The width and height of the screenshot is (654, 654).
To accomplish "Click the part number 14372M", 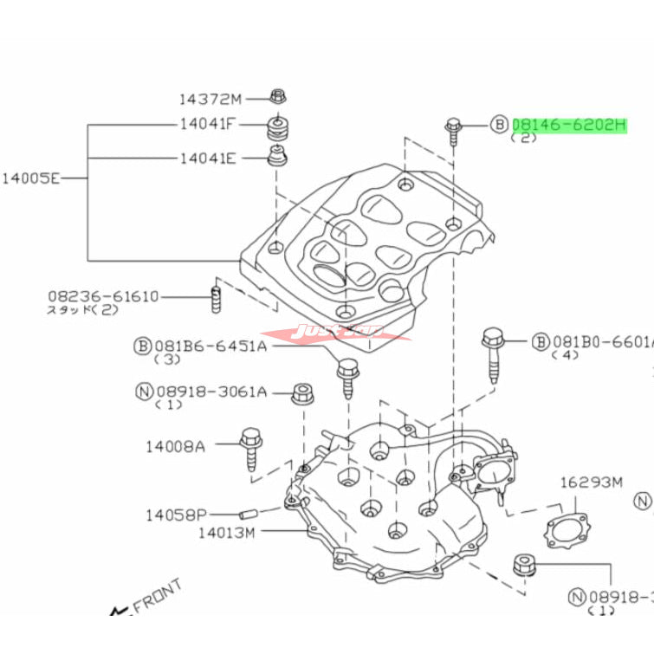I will (211, 99).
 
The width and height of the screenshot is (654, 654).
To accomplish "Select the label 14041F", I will (208, 124).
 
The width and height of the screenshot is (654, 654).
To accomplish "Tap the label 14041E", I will (208, 159).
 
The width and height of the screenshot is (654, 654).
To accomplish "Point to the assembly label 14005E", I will (31, 179).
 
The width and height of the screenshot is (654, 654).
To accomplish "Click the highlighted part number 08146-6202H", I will (568, 125).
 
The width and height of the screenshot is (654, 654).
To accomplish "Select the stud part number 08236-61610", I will (103, 297).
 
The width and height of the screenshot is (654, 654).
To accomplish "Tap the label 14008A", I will (175, 446).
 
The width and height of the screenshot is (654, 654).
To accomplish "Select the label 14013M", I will (225, 533).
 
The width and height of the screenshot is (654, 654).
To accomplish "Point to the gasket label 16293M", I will (591, 482).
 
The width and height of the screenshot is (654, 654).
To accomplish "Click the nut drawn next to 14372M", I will (277, 95).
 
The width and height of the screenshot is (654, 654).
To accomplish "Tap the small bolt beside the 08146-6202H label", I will (454, 128).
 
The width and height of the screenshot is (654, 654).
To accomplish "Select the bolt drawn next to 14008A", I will (252, 447).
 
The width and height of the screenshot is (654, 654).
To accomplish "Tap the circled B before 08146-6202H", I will (500, 125).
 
